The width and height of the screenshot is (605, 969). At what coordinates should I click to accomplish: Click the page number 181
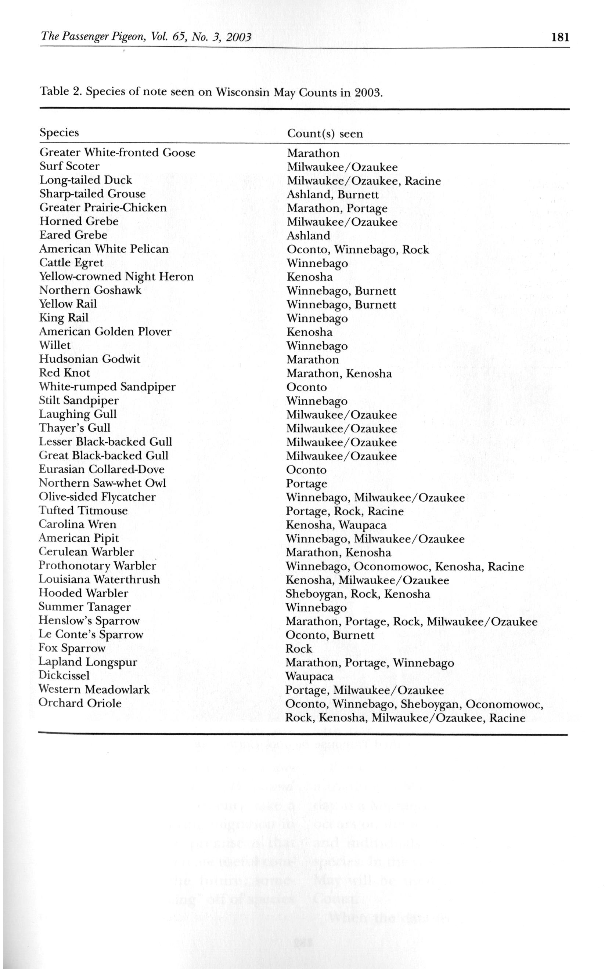(560, 37)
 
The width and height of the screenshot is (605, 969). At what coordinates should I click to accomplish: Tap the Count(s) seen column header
(325, 134)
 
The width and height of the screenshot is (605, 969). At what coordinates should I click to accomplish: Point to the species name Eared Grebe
(73, 235)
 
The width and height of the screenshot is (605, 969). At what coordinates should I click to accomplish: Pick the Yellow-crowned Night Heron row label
(116, 277)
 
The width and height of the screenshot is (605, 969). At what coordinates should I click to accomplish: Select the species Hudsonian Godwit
(90, 359)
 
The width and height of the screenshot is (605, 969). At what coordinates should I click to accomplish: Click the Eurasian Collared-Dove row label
(102, 469)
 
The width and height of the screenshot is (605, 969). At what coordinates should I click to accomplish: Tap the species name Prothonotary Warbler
(97, 566)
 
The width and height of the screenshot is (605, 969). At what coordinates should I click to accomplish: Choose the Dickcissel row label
(64, 676)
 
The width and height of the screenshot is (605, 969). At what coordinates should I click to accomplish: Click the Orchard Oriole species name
(80, 704)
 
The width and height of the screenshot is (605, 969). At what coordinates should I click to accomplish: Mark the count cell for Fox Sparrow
(299, 649)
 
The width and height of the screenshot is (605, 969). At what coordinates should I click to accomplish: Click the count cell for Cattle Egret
(317, 264)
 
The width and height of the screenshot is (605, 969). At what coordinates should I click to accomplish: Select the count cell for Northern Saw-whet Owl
(306, 484)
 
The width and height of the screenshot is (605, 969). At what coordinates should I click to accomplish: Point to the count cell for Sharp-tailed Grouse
(332, 195)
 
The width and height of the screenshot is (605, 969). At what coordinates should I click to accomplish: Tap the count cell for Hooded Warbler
(358, 594)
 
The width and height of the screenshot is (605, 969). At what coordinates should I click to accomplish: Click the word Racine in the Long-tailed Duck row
(422, 181)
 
